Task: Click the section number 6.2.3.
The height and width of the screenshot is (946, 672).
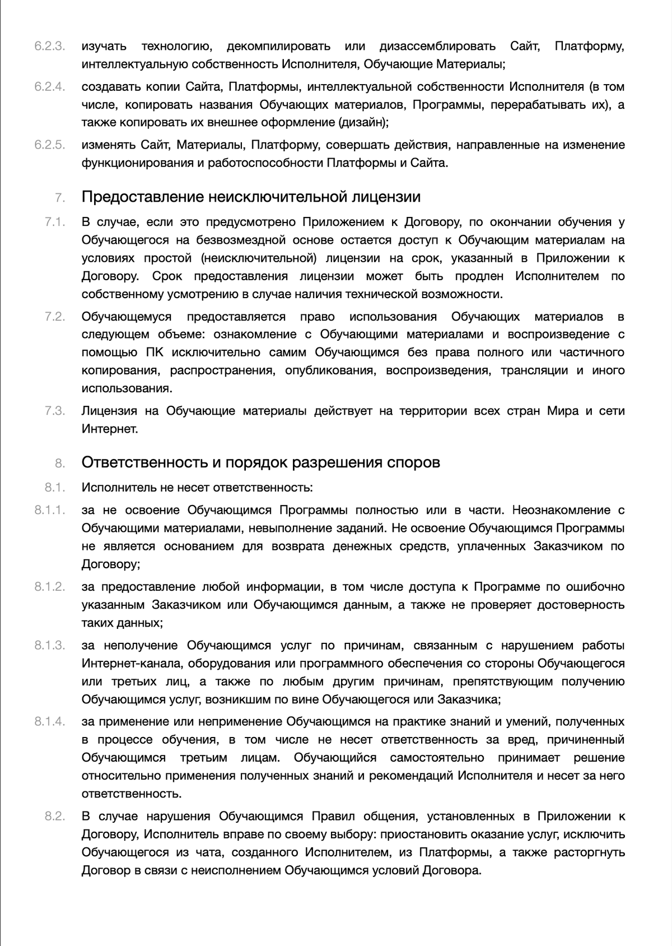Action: point(50,47)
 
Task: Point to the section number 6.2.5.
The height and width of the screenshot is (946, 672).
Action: point(50,145)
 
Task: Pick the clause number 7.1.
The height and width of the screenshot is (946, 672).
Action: point(55,222)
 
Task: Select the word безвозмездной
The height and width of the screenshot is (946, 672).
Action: point(244,240)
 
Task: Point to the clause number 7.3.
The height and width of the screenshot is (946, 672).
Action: point(55,411)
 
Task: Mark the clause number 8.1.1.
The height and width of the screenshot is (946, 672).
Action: point(50,510)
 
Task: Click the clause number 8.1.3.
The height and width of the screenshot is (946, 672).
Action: point(50,646)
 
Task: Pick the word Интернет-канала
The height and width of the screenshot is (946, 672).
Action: point(132,664)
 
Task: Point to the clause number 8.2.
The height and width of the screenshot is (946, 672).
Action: point(55,816)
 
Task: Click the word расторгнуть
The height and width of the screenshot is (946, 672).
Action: point(590,853)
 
